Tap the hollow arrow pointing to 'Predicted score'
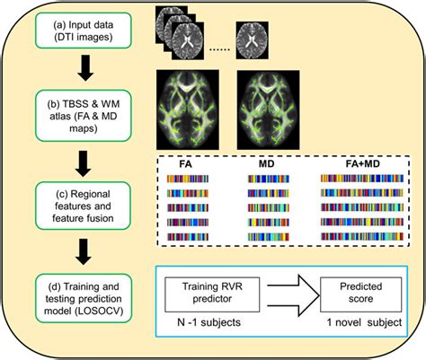288,294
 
